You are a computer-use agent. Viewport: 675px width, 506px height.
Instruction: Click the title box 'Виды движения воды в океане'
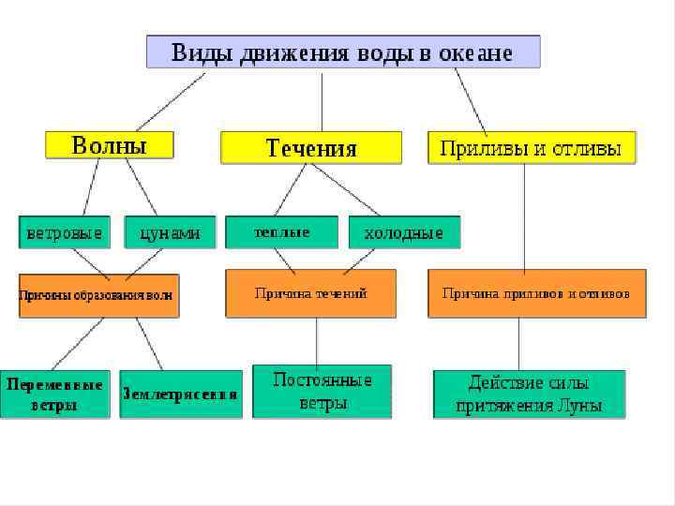coord(342,52)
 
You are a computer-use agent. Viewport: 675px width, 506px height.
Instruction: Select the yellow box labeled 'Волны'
coord(110,145)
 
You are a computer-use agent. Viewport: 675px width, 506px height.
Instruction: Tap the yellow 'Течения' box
coord(311,148)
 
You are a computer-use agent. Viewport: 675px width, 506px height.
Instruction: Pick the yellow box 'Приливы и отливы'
coord(532,148)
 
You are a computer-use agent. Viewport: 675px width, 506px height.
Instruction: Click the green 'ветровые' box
coord(64,232)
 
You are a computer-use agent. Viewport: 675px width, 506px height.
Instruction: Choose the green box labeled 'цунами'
coord(170,232)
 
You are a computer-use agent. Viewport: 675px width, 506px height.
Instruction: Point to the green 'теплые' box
coord(281,231)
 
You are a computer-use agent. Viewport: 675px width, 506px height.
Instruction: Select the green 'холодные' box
coord(404,232)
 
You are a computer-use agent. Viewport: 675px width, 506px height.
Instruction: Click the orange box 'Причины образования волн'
coord(97,295)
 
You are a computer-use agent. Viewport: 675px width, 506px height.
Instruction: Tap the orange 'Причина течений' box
coord(310,293)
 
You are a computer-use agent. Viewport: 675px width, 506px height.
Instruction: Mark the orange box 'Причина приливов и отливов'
coord(536,293)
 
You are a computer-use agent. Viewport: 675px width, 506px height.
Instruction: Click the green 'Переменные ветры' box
coord(55,394)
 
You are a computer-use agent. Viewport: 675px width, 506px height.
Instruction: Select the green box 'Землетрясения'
coord(180,394)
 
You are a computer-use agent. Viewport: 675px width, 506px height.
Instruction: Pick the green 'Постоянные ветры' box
coord(322,392)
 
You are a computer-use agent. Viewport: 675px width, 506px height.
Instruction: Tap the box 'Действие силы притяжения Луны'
coord(529,394)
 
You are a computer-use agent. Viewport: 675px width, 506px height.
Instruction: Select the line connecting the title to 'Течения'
coord(322,100)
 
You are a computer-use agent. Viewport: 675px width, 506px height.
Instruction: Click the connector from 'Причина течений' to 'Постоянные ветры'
coord(317,340)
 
